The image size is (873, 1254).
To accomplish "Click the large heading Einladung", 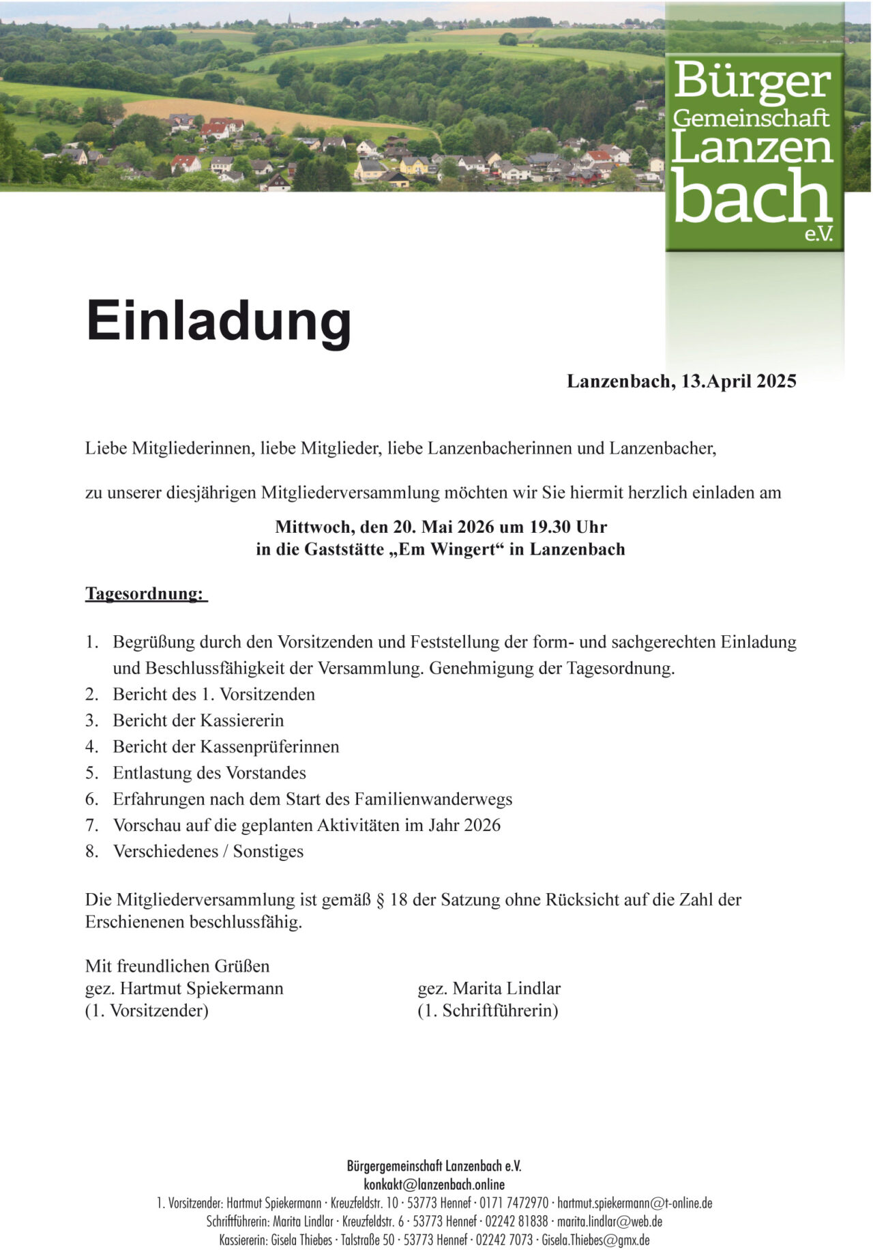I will [x=218, y=321].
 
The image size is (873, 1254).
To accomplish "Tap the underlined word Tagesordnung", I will [x=145, y=594].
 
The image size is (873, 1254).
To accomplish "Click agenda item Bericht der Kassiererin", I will [x=198, y=720].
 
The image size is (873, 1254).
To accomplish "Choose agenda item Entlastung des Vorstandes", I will [x=209, y=773].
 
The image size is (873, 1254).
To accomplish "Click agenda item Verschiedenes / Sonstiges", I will [x=208, y=851].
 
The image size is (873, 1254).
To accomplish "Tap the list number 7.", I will [x=91, y=826].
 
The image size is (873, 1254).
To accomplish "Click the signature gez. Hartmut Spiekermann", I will [x=184, y=989].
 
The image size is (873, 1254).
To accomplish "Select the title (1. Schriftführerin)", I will [x=488, y=1010].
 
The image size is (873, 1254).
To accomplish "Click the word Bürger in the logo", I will [x=752, y=80].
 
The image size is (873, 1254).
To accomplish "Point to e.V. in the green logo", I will [x=818, y=234].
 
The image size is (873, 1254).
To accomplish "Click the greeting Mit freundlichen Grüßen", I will [x=177, y=966].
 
